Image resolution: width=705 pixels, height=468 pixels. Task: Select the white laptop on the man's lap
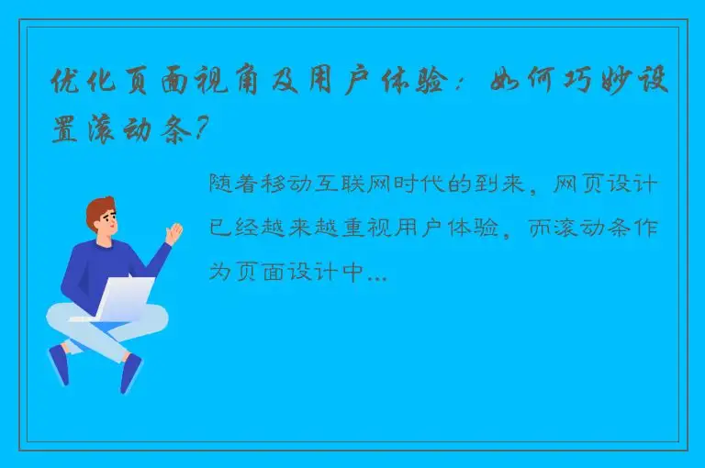coord(123,297)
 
